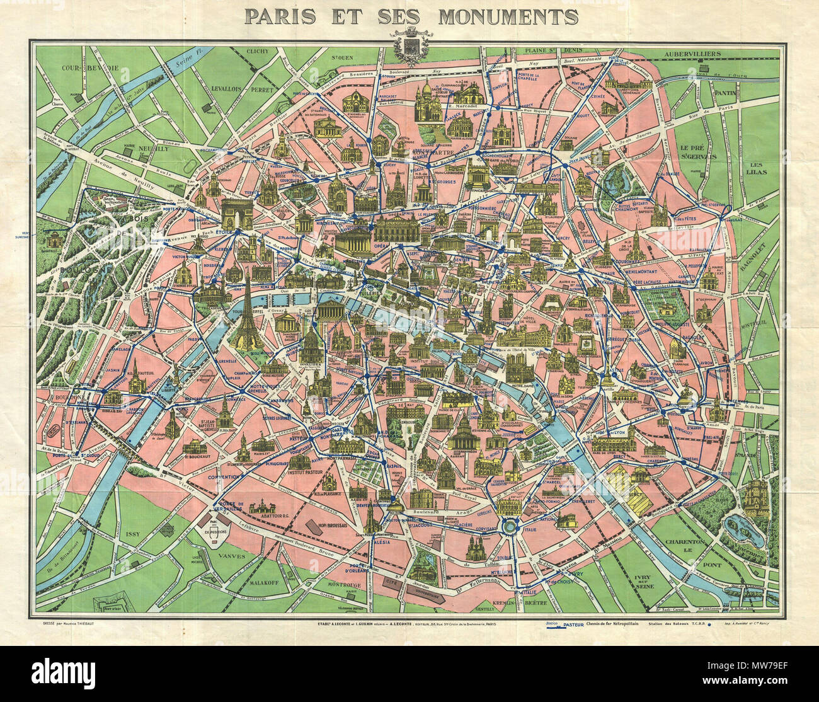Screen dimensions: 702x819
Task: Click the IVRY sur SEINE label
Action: (641, 582)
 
